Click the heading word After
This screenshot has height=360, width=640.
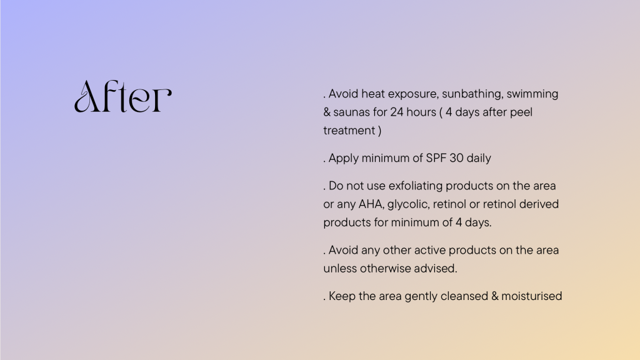point(123,96)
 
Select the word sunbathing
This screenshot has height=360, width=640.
point(472,94)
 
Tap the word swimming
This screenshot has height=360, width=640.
point(532,94)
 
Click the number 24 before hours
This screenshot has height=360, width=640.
point(397,112)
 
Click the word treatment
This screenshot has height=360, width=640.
point(349,131)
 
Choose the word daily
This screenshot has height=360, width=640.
point(479,158)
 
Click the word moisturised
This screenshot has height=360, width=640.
point(531,296)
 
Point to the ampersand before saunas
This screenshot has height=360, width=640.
point(327,112)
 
